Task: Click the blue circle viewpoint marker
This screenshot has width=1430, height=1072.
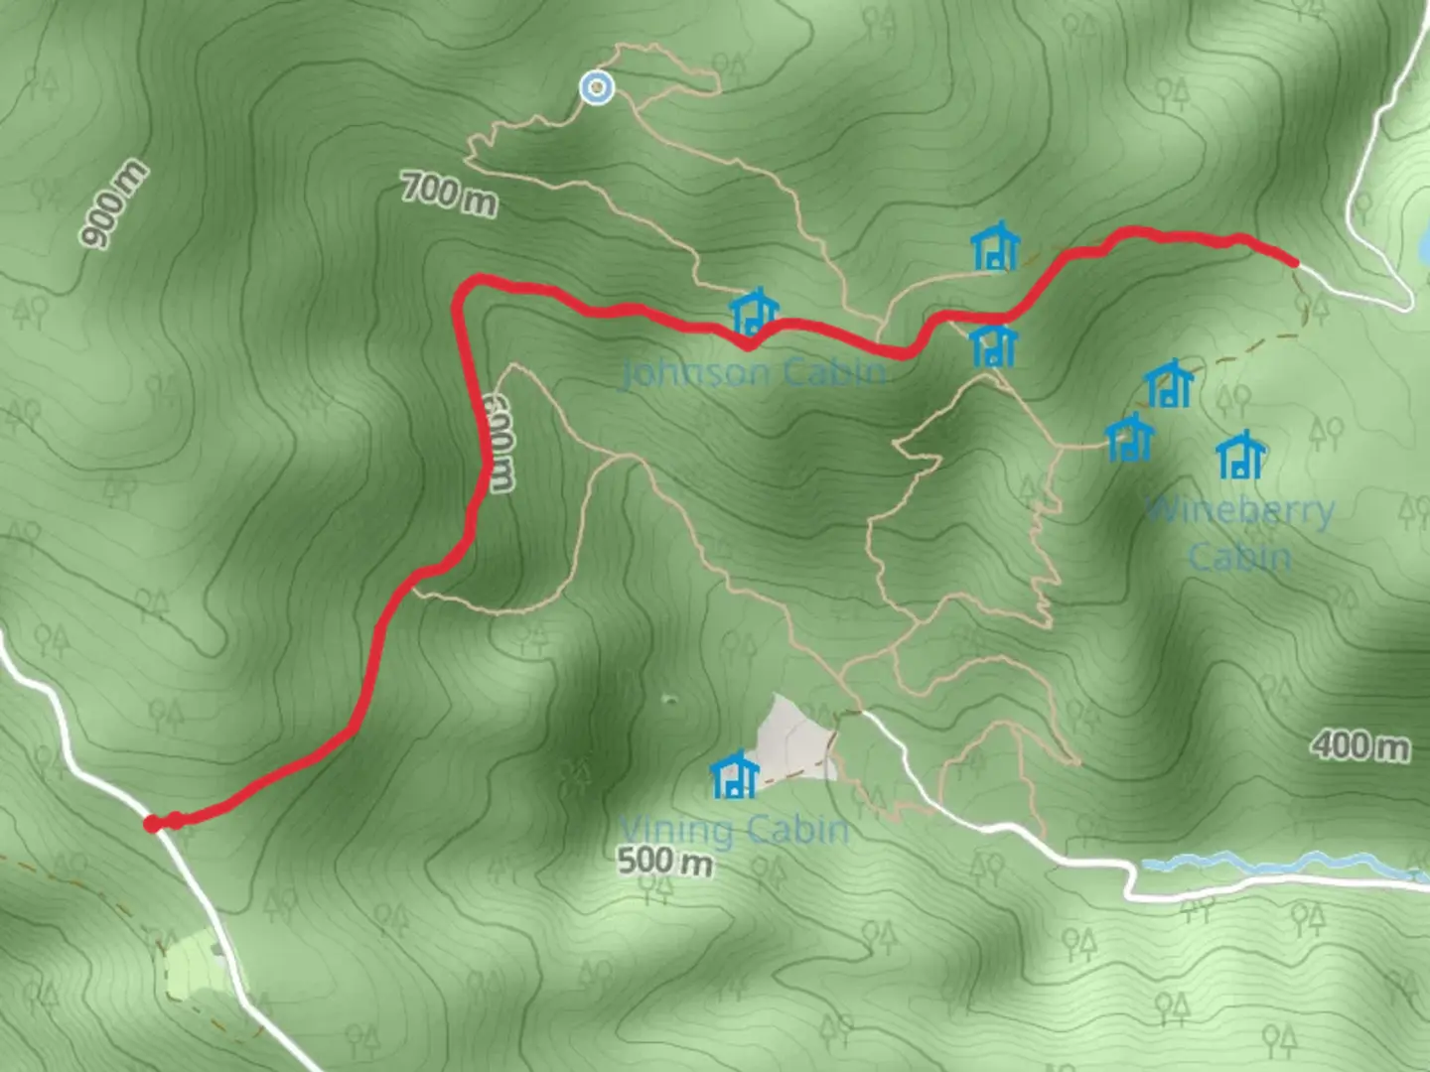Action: tap(596, 88)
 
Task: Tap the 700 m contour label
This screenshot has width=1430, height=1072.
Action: tap(449, 194)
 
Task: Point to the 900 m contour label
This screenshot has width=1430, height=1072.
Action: tap(115, 204)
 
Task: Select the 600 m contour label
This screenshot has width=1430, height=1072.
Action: tap(499, 443)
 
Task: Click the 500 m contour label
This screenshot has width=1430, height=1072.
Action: tap(664, 861)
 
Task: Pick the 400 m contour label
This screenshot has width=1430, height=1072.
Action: tap(1359, 744)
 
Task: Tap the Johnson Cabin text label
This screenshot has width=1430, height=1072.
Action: tap(753, 373)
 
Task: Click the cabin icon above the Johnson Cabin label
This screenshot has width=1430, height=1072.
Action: tap(754, 313)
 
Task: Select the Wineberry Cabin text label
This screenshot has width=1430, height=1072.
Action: tap(1240, 533)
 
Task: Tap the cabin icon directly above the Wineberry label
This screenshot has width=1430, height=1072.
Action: tap(1240, 456)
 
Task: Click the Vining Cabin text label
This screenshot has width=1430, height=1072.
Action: tap(735, 829)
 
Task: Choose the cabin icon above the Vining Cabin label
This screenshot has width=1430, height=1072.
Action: tap(735, 774)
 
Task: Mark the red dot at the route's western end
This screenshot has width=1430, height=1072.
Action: tap(152, 824)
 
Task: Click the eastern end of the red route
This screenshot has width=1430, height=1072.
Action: tap(1294, 262)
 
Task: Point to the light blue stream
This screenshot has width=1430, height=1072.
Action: tap(1281, 864)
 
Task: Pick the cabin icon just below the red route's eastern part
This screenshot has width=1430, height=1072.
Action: tap(993, 344)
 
